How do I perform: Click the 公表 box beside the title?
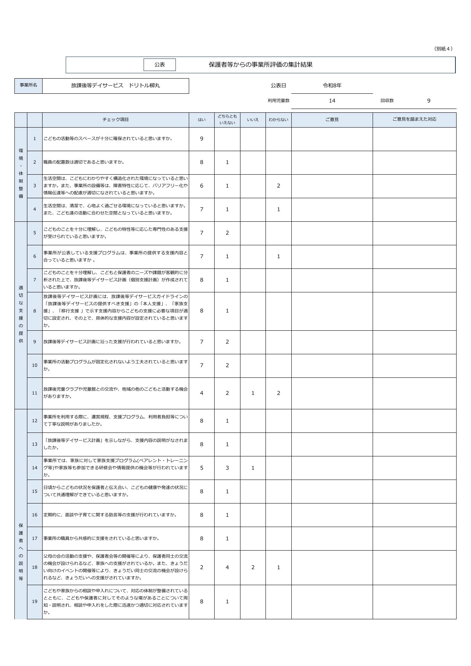(160, 65)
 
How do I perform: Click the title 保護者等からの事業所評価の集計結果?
(261, 65)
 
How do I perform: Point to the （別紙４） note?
(444, 49)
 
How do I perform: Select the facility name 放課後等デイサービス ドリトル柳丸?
(115, 86)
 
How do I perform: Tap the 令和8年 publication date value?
(332, 86)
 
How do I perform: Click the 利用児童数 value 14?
(332, 101)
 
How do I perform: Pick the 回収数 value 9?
(429, 101)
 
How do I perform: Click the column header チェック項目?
(115, 120)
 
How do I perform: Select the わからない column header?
(278, 120)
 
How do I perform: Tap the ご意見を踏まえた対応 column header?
(414, 120)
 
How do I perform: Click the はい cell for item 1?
(202, 139)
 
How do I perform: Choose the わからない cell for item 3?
(278, 186)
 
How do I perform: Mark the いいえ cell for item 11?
(253, 393)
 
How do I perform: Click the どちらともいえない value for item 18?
(227, 567)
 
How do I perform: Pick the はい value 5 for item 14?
(202, 468)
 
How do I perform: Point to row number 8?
(35, 311)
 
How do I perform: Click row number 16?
(35, 515)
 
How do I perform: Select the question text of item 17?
(101, 538)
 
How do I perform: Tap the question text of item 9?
(112, 342)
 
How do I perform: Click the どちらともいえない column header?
(227, 120)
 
